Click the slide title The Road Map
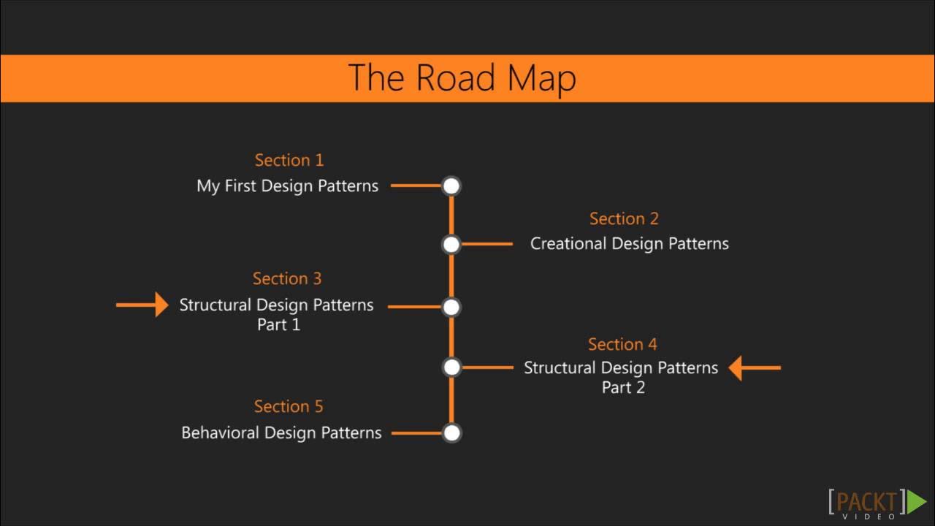[462, 78]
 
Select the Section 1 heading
[289, 160]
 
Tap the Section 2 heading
[624, 218]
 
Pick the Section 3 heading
[287, 278]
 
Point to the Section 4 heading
[622, 344]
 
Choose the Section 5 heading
[288, 406]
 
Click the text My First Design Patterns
[287, 186]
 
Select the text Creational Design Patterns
[629, 243]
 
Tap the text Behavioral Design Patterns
[281, 432]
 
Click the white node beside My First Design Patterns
[451, 186]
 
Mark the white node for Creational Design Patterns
[451, 244]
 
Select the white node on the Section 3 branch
[451, 307]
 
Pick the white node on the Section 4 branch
[451, 367]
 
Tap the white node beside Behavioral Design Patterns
[451, 433]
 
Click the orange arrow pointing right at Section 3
[142, 305]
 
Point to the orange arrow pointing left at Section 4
[755, 367]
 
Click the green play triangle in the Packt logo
[916, 502]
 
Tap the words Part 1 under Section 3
[278, 324]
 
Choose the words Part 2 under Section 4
[623, 387]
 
